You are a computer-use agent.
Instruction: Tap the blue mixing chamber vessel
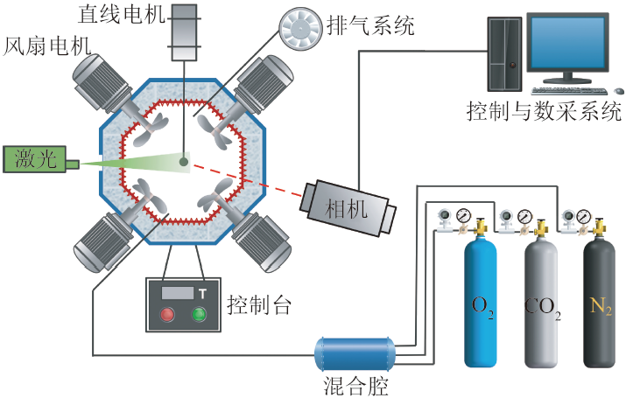tap(355, 353)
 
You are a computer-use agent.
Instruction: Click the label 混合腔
tap(354, 384)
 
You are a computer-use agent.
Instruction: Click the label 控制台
tap(259, 305)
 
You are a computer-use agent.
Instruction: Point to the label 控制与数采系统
tap(544, 112)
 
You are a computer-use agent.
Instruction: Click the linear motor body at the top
tap(184, 32)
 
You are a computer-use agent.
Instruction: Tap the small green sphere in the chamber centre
tap(184, 160)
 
